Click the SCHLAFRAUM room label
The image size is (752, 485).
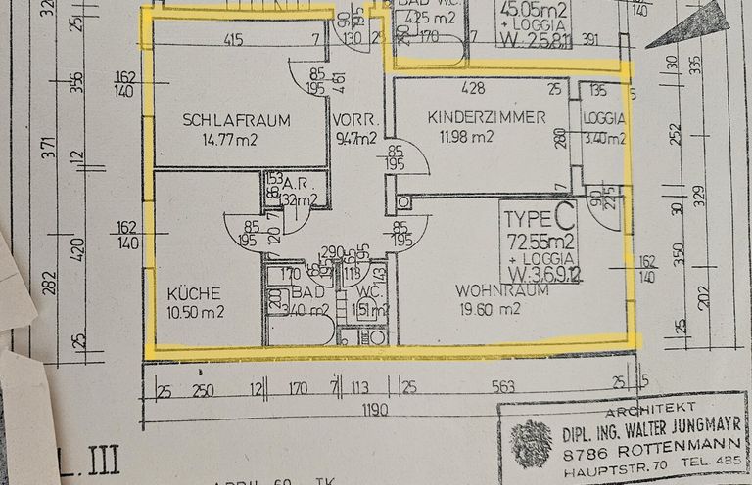click(236, 121)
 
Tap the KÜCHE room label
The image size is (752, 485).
click(186, 291)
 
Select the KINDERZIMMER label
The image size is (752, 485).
click(487, 117)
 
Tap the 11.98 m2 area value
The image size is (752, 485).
click(467, 137)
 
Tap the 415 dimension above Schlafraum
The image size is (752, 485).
click(232, 41)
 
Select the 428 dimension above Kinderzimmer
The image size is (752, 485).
click(474, 89)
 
